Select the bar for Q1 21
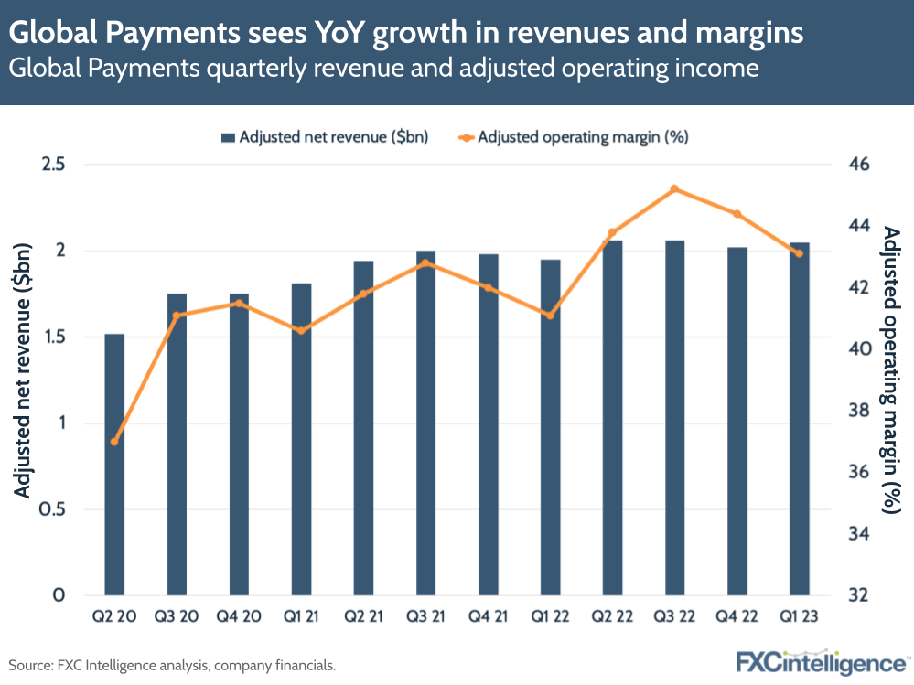(301, 439)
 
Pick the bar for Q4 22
(737, 421)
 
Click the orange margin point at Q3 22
(674, 189)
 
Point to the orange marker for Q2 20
(114, 442)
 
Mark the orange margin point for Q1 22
(550, 316)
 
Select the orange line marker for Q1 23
(799, 253)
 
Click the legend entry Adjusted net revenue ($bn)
(325, 137)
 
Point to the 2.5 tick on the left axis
(54, 165)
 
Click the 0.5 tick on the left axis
(54, 509)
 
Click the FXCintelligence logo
(823, 661)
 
